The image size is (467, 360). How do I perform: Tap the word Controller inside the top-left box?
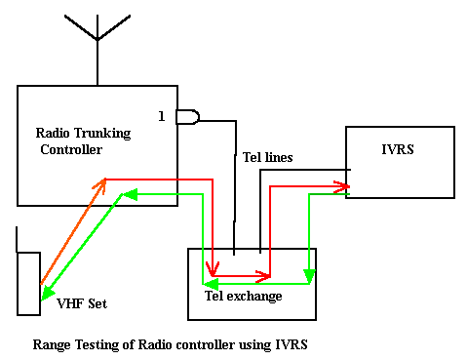click(x=71, y=149)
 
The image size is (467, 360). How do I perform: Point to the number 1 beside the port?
click(x=162, y=116)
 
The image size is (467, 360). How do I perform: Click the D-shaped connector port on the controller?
click(x=186, y=117)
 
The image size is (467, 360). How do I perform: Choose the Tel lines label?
click(x=265, y=157)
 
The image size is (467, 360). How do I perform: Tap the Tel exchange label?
click(x=243, y=296)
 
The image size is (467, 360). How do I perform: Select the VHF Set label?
click(x=82, y=303)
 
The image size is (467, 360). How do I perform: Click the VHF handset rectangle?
click(x=29, y=284)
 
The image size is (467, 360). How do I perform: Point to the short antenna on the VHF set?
click(x=19, y=239)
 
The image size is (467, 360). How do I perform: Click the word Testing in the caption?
click(x=98, y=344)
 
